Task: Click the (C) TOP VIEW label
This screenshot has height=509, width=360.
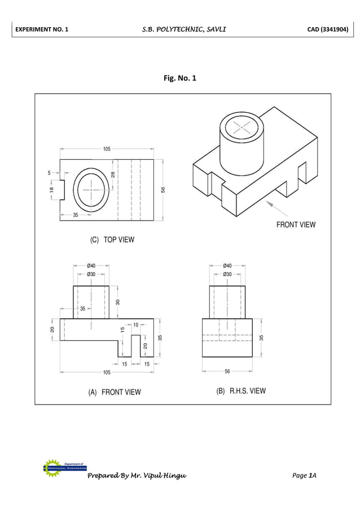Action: click(112, 240)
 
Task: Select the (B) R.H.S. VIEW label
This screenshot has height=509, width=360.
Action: click(241, 390)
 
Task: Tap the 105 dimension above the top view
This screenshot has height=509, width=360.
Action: click(107, 149)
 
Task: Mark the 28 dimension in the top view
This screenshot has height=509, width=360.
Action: click(113, 175)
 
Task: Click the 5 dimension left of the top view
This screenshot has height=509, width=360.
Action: click(50, 173)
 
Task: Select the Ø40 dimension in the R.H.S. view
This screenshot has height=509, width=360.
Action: click(227, 265)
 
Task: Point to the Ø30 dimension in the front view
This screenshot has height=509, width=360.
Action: click(91, 274)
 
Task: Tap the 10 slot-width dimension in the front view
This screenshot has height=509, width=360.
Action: click(135, 325)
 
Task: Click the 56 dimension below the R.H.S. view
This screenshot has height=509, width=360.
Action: click(227, 371)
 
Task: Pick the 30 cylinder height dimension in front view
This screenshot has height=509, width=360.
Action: click(118, 302)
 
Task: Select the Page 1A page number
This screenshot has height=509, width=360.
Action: click(304, 476)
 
